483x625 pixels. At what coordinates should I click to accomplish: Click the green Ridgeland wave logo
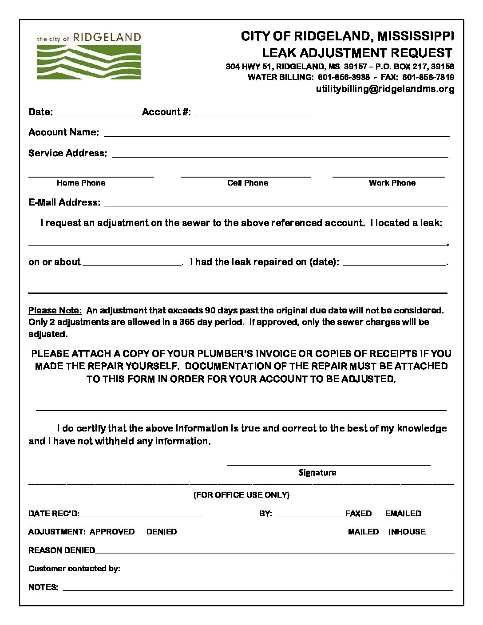tap(89, 62)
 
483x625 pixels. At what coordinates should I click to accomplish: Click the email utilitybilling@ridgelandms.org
tap(385, 89)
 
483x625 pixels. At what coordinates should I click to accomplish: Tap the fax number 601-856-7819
tap(428, 77)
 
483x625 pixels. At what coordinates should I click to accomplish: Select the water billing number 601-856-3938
tap(344, 77)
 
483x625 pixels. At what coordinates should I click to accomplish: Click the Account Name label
tap(63, 132)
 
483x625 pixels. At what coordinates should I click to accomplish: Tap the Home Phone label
tap(81, 183)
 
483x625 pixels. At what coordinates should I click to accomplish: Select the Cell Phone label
tap(248, 183)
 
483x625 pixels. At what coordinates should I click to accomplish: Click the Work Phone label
tap(392, 183)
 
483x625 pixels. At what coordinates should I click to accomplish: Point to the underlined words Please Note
tap(55, 310)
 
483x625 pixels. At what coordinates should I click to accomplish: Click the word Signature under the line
tap(317, 473)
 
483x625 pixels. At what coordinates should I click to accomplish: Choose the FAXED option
tap(358, 514)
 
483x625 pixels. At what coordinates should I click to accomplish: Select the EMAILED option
tap(403, 514)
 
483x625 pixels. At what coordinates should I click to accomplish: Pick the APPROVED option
tap(112, 532)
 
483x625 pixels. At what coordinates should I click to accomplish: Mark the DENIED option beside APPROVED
tap(162, 532)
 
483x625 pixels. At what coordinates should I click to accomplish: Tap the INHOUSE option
tap(407, 532)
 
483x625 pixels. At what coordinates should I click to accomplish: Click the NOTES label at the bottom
tap(43, 587)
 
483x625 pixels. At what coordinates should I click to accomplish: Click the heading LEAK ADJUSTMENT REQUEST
tap(357, 53)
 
